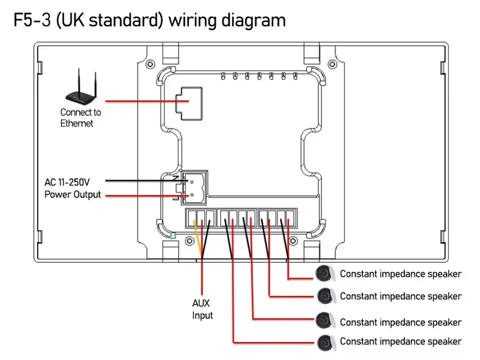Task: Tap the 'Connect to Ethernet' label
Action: click(x=81, y=118)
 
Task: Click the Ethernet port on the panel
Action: click(x=189, y=104)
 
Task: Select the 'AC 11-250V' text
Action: click(x=67, y=182)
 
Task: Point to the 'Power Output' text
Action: click(x=72, y=194)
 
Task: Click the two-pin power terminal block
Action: click(x=195, y=187)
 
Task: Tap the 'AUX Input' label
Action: click(x=202, y=309)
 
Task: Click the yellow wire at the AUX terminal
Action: click(x=198, y=239)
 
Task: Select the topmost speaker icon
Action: click(x=324, y=274)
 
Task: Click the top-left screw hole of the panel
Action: click(x=150, y=64)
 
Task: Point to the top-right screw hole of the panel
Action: click(x=332, y=64)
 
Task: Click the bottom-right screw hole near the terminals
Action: click(x=293, y=241)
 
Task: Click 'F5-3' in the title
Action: click(x=32, y=20)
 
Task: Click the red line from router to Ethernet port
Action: click(x=147, y=101)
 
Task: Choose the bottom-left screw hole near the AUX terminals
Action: click(x=190, y=241)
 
